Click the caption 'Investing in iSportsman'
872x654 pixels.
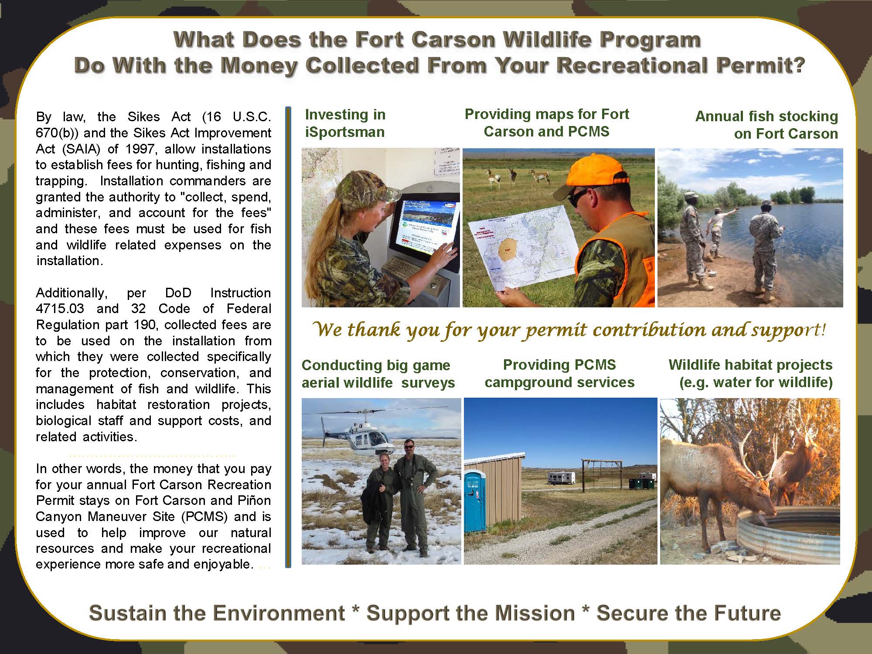tap(345, 123)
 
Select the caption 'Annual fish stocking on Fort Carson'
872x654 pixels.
tap(766, 125)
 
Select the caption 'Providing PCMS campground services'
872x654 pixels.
tap(559, 373)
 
